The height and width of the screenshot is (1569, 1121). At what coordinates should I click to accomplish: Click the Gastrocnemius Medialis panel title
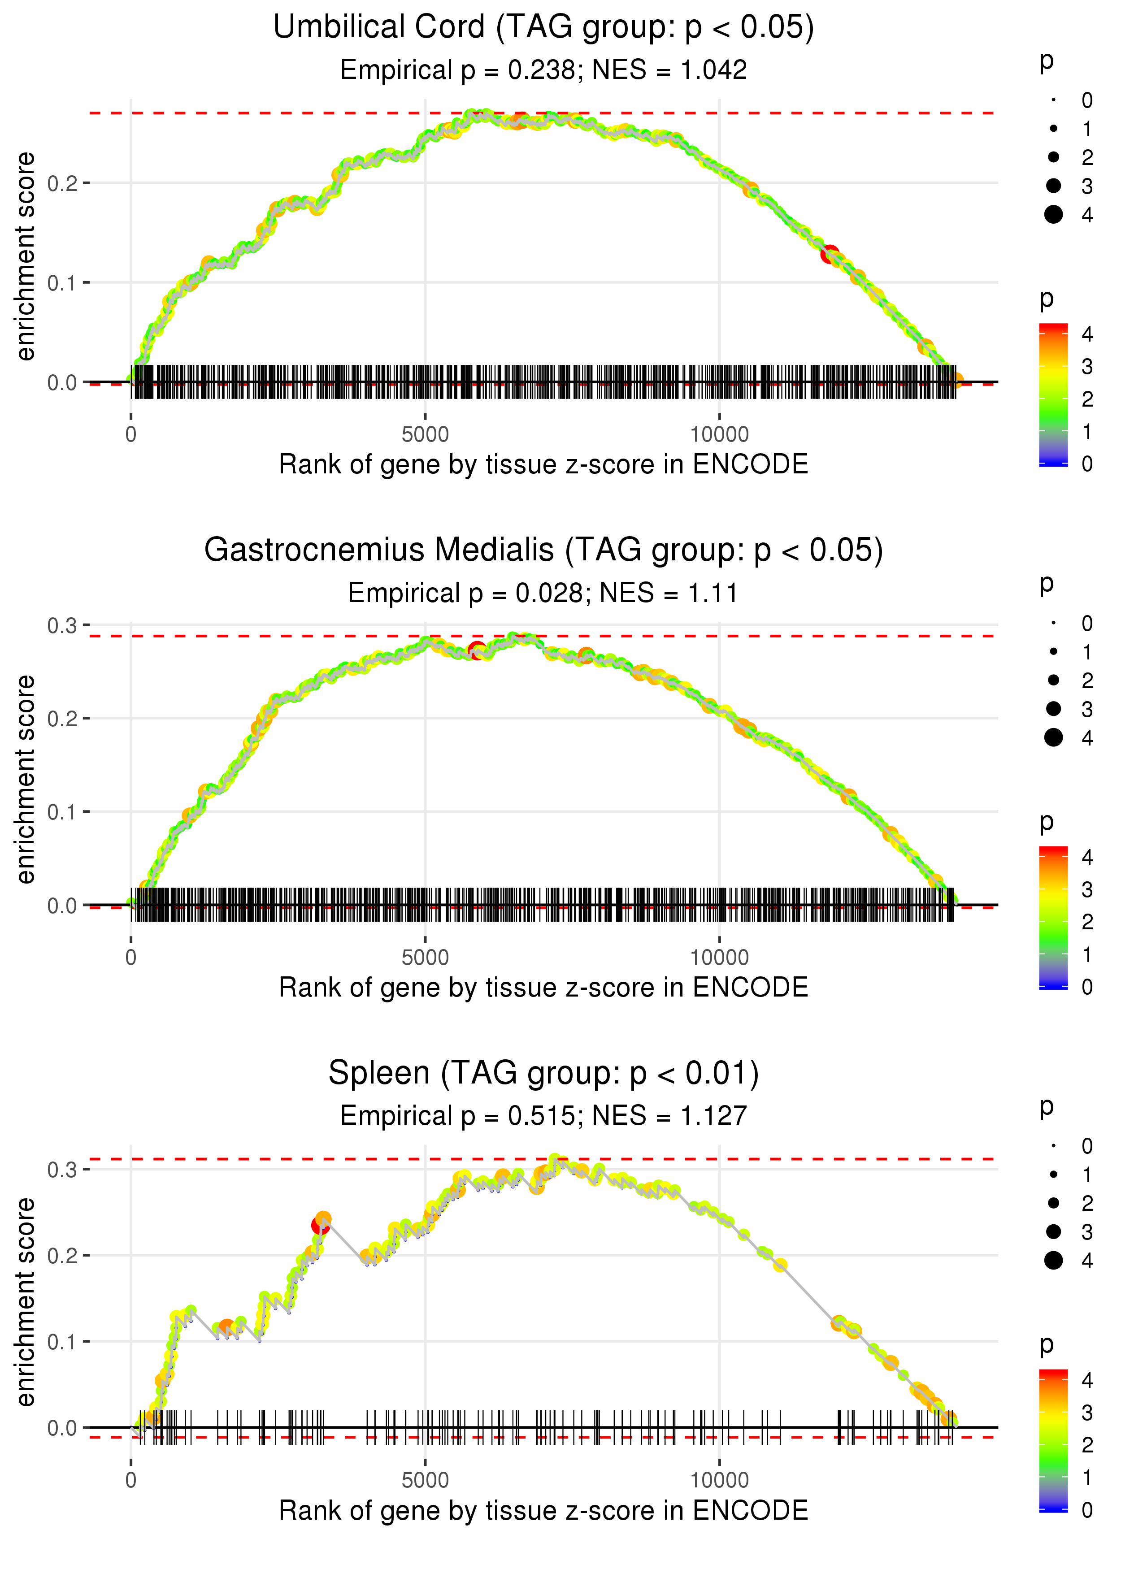click(x=543, y=550)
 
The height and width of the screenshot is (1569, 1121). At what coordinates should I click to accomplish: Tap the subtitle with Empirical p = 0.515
click(x=543, y=1116)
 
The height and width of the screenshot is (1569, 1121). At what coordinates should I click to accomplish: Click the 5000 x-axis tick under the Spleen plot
click(x=425, y=1480)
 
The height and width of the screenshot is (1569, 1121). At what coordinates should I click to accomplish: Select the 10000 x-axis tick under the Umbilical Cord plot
click(x=719, y=435)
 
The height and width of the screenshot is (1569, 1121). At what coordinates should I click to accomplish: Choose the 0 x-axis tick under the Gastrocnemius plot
click(x=131, y=958)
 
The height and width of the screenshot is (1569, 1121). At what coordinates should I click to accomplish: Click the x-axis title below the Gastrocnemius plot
click(x=543, y=988)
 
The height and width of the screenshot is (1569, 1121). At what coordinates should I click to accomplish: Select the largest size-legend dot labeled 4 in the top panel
click(x=1053, y=215)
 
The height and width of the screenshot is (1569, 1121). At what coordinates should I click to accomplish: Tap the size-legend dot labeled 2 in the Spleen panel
click(x=1053, y=1203)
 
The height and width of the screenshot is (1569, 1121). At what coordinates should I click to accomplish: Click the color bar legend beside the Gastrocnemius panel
click(x=1053, y=918)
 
